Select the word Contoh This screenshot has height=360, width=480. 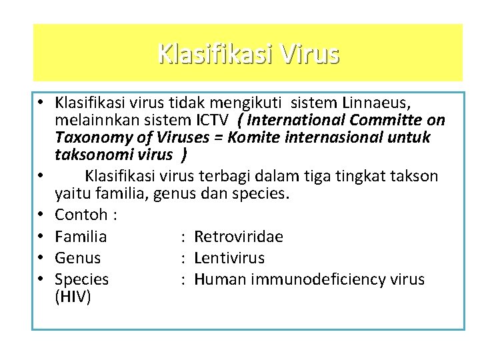[x=81, y=215]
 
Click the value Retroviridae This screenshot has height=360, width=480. [x=239, y=237]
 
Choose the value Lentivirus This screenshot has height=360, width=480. [x=229, y=257]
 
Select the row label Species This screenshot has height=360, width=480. [x=81, y=279]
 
